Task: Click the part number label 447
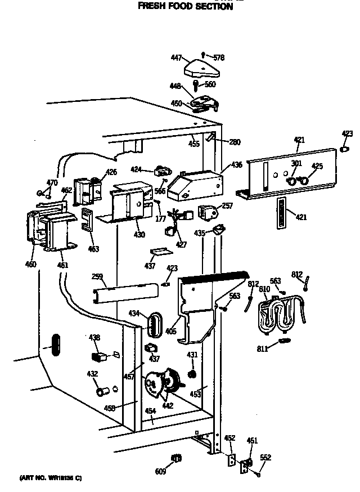[176, 57]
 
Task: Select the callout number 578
[219, 57]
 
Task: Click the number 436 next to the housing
[236, 165]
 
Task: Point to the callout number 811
[262, 350]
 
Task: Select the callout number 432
[92, 374]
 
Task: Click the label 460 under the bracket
[30, 264]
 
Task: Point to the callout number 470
[52, 182]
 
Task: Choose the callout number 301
[296, 164]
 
